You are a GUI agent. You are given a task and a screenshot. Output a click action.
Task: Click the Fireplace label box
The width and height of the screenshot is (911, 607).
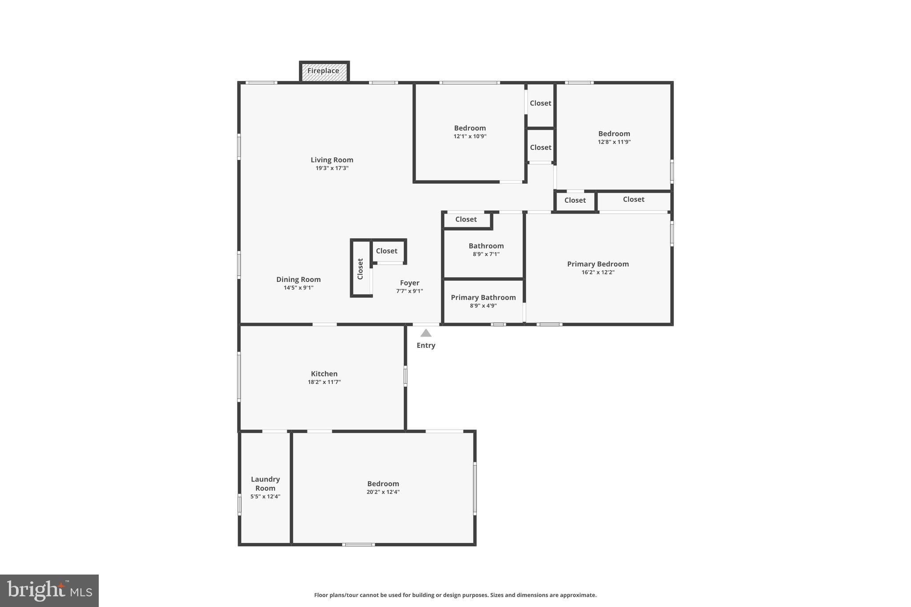[323, 71]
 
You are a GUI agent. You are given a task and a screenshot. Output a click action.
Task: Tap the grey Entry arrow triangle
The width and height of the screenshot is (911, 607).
[426, 333]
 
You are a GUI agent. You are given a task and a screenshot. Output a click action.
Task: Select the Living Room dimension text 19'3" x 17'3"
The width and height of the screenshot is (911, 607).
[332, 168]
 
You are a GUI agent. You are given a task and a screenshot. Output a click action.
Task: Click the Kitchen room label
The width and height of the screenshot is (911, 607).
[324, 374]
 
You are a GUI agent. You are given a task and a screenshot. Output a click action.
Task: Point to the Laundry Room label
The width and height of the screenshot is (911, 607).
[265, 483]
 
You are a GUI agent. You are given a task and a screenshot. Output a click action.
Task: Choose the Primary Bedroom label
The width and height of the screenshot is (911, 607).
[597, 264]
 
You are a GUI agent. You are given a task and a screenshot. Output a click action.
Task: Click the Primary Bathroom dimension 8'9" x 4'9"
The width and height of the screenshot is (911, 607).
[483, 306]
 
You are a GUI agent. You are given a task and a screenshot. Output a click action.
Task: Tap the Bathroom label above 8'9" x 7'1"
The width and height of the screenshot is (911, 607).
[486, 245]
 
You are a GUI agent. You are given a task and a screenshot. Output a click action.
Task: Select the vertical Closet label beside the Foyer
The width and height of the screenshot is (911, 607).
[360, 269]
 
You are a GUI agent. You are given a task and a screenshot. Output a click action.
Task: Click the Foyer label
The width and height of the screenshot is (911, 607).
[409, 282]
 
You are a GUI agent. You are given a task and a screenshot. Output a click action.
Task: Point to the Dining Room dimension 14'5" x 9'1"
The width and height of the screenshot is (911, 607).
[298, 288]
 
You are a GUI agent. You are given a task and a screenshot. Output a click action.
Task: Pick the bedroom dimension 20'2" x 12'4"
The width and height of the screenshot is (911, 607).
[383, 492]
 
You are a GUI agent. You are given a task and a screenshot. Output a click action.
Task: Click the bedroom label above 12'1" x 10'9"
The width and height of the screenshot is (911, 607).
[470, 128]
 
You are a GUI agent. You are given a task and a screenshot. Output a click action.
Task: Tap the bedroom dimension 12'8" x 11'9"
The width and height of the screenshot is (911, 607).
[614, 142]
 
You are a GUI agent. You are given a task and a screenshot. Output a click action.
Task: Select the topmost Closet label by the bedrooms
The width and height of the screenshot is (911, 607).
[540, 103]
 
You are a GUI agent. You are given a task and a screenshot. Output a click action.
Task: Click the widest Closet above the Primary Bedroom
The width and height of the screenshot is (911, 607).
[633, 199]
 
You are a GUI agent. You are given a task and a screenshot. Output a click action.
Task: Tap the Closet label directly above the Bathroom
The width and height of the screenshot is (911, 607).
[466, 219]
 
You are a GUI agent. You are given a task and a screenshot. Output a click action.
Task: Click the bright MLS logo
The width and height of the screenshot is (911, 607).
[49, 591]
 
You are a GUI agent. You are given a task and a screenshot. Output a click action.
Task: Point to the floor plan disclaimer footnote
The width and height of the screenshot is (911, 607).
[455, 595]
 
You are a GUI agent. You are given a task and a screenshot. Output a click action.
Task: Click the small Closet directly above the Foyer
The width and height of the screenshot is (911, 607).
[387, 251]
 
